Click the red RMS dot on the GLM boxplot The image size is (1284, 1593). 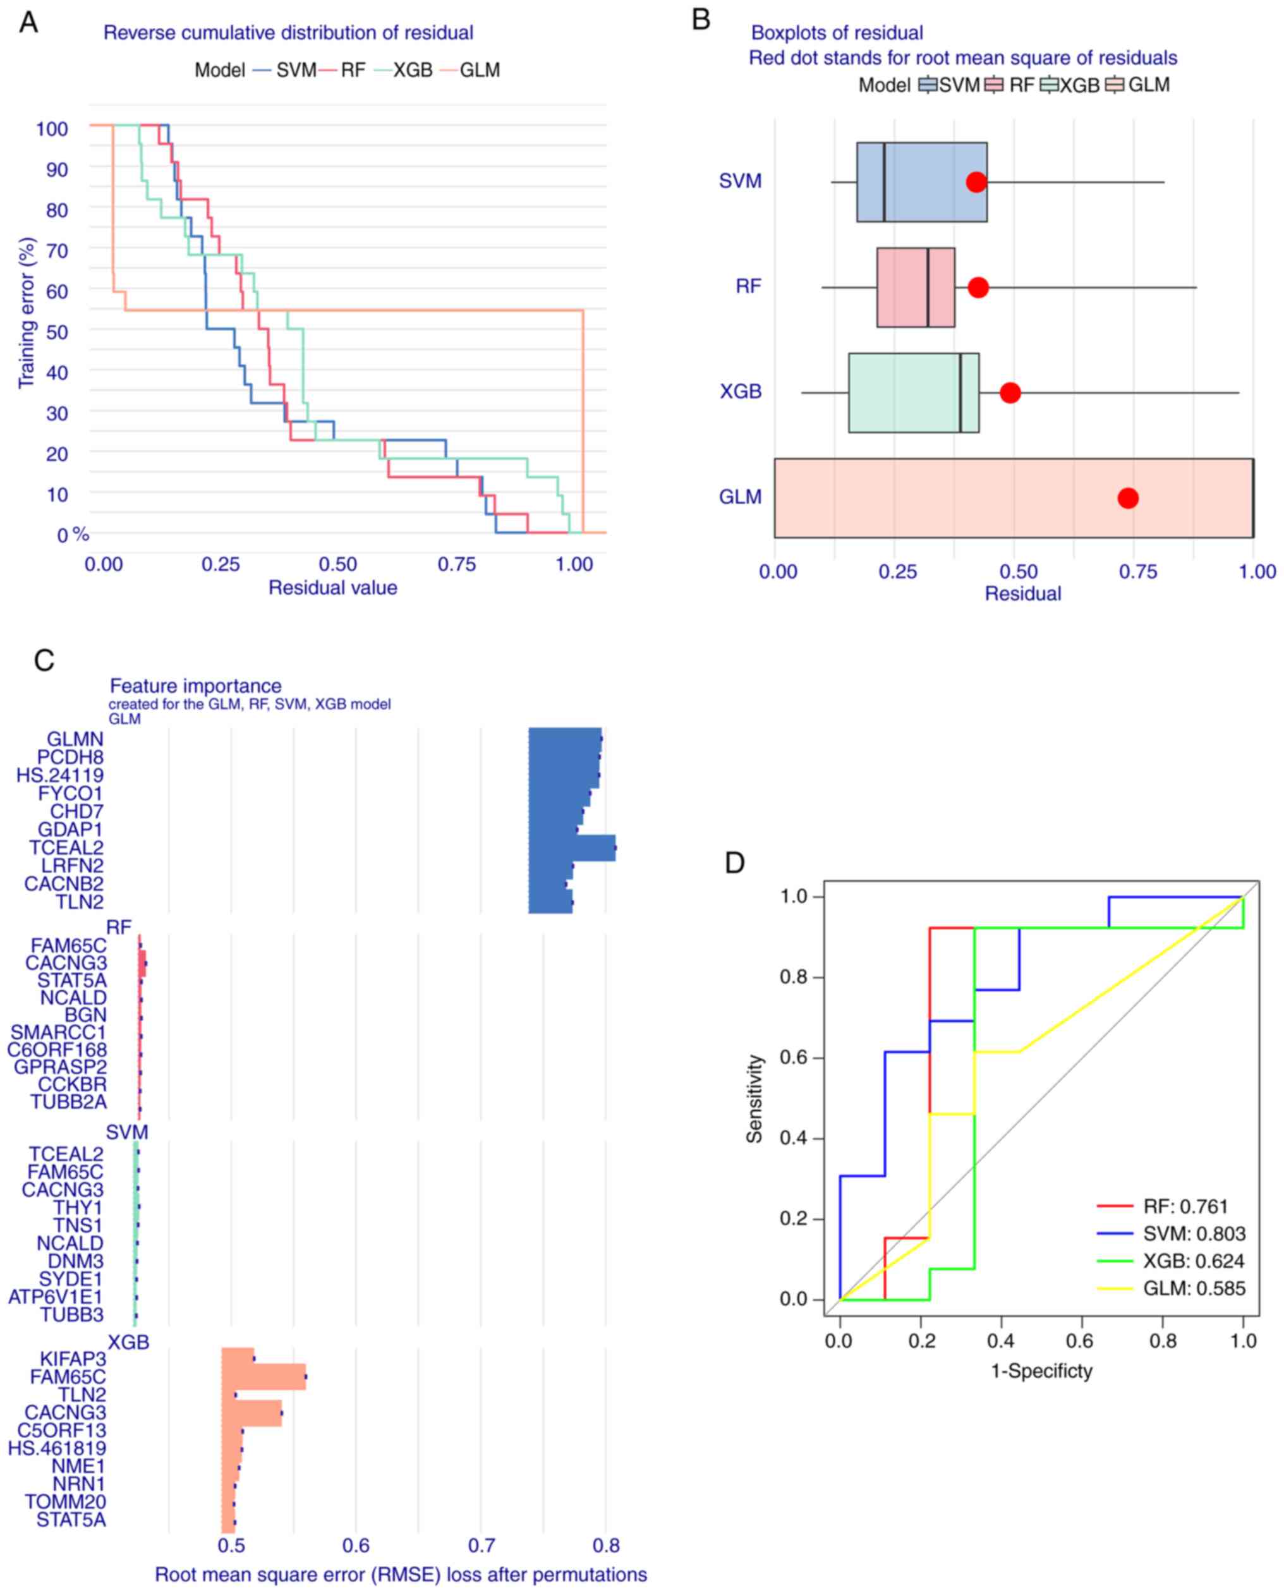coord(1127,498)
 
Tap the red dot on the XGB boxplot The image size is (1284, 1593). coord(1010,392)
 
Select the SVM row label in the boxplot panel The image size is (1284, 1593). coord(740,181)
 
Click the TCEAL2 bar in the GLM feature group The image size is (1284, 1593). coord(572,847)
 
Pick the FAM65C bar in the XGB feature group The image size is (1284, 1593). coord(263,1376)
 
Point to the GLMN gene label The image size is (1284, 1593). coord(75,739)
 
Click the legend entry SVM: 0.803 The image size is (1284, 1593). coord(1194,1233)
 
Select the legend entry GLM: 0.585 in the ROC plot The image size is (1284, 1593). coord(1194,1288)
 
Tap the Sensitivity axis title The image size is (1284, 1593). coord(754,1098)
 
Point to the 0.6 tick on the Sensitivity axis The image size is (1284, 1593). coord(794,1058)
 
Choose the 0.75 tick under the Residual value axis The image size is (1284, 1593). coord(456,564)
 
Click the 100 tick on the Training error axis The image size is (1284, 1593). coord(52,129)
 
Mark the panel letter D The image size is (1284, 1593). coord(734,863)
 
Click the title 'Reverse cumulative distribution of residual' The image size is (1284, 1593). coord(288,33)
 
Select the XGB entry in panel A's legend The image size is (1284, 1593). coord(412,70)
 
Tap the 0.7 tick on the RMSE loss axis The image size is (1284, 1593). coord(481,1545)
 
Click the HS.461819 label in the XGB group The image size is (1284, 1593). coord(57,1448)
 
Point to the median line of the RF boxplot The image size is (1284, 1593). coord(928,287)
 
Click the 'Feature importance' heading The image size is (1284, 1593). coord(195,686)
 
